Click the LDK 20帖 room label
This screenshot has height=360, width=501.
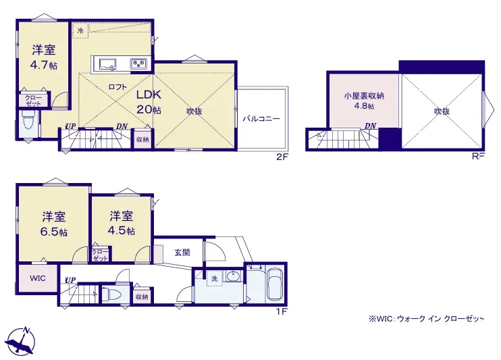coord(149,102)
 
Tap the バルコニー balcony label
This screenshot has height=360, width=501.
coord(261,119)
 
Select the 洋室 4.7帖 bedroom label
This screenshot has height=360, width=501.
coord(43,57)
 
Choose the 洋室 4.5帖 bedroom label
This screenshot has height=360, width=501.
coord(121,223)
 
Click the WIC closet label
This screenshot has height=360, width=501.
coord(38,278)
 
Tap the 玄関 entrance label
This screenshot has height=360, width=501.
coord(182,253)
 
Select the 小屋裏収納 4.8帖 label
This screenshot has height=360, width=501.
coord(364,101)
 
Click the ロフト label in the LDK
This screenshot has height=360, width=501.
coord(117,87)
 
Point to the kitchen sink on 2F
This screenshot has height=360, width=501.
coord(107,64)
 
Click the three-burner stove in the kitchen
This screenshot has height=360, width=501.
coord(138,63)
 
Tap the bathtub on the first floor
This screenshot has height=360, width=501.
coord(274,284)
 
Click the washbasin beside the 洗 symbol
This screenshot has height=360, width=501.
coord(234,276)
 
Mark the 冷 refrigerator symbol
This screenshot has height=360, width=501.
coord(80,30)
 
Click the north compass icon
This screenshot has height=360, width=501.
coord(22,341)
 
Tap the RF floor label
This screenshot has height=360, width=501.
coord(478,156)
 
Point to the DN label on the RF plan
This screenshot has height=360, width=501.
coord(370,126)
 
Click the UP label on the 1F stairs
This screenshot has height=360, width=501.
coord(70,280)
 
